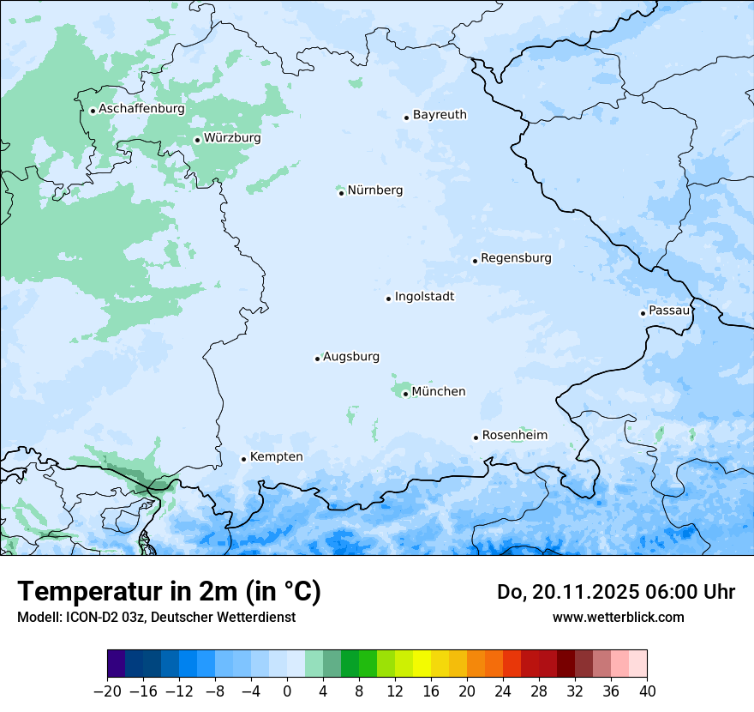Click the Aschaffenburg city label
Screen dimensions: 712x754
coord(141,109)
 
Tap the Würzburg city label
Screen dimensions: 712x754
coord(232,138)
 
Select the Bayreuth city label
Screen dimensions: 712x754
coord(440,115)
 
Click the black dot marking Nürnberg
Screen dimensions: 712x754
coord(341,193)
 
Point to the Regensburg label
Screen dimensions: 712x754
coord(516,258)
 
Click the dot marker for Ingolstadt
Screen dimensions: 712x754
coord(388,299)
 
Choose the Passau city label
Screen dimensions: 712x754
coord(668,311)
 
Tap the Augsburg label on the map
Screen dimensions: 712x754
coord(351,357)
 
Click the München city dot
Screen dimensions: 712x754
coord(405,394)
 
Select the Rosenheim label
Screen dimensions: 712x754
coord(514,436)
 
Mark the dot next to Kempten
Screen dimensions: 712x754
coord(243,459)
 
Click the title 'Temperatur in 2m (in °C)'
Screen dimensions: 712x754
coord(169,592)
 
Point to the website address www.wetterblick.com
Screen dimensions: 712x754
coord(618,618)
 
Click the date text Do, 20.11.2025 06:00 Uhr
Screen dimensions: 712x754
coord(615,592)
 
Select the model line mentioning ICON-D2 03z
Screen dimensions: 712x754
coord(156,618)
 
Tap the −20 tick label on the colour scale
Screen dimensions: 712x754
coord(107,691)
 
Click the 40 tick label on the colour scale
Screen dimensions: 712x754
coord(647,691)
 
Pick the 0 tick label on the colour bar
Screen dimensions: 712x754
coord(287,691)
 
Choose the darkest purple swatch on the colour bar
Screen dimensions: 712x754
coord(117,664)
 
